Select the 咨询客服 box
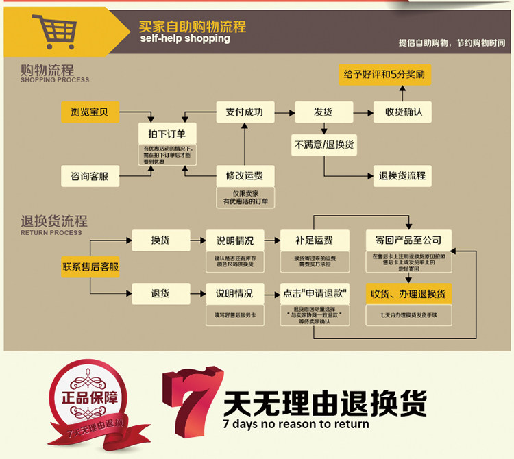(90, 176)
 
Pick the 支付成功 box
(245, 112)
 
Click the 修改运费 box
(245, 175)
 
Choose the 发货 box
(323, 112)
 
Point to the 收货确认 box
(403, 112)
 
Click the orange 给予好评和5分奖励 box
(386, 74)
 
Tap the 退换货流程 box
(403, 176)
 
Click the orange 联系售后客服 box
(90, 266)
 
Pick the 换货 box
(160, 240)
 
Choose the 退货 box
(160, 293)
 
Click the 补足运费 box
(314, 240)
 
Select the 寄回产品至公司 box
(408, 240)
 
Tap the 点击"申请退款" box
(315, 293)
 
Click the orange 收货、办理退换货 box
(408, 294)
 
